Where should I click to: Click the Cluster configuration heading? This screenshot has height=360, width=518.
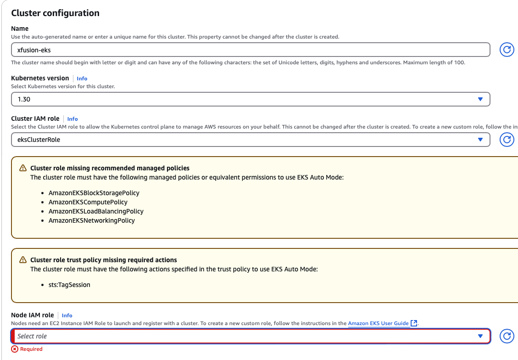pos(55,13)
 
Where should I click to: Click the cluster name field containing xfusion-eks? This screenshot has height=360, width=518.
pos(250,50)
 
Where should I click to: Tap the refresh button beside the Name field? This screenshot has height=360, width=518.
pos(507,50)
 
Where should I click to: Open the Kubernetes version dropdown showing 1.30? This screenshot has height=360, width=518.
pos(250,99)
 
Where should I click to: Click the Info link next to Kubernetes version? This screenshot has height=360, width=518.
pos(82,79)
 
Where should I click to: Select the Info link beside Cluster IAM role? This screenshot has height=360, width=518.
pos(72,119)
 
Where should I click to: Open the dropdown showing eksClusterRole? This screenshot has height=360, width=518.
pos(250,140)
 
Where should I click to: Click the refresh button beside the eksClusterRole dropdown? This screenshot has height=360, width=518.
pos(507,140)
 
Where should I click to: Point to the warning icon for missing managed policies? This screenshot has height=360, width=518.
pos(23,168)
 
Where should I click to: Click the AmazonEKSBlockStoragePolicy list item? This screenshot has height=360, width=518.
pos(94,193)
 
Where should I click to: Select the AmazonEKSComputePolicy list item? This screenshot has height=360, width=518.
pos(88,202)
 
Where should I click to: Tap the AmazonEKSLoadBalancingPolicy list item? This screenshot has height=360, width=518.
pos(96,211)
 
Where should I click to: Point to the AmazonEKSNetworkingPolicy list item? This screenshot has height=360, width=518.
pos(92,220)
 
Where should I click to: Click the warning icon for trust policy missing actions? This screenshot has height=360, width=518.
pos(23,260)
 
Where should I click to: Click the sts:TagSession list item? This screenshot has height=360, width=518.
pos(69,285)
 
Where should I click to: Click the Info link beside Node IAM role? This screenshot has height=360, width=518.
pos(67,315)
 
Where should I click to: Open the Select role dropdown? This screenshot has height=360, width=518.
pos(250,336)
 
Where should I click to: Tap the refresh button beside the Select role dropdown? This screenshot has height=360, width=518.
pos(507,336)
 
